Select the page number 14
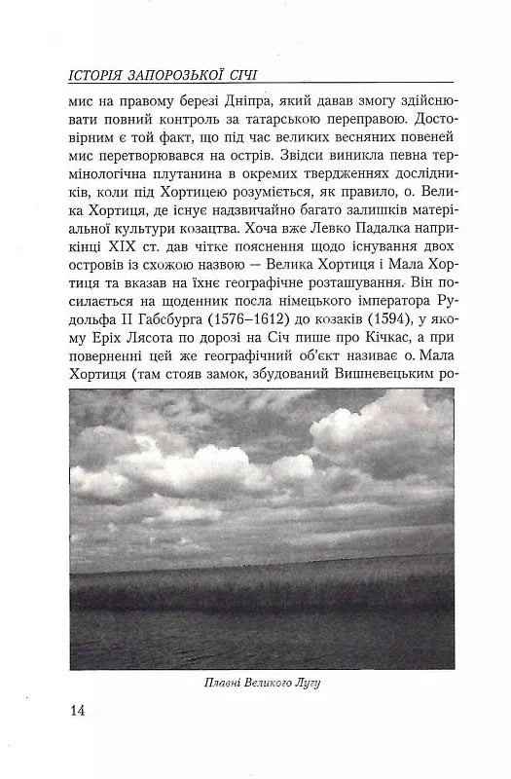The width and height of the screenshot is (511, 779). click(79, 710)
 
